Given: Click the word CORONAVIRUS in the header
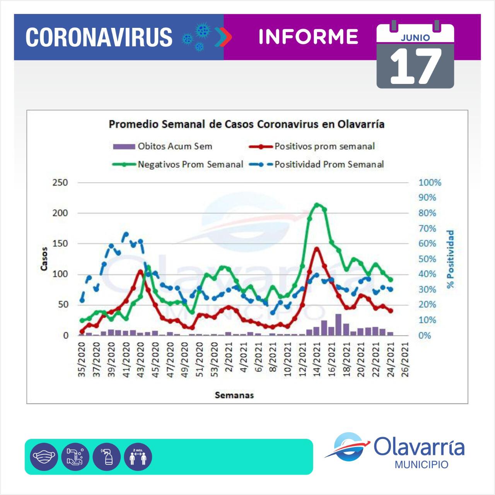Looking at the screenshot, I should point(99,37).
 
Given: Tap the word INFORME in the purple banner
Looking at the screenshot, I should point(308,37).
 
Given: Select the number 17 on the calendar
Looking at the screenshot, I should point(415,67).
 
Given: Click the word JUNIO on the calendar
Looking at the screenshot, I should point(415,38).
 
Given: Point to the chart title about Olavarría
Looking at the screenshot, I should point(246,125).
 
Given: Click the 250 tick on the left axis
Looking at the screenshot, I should point(60,183).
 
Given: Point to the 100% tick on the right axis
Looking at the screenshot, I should point(430,183).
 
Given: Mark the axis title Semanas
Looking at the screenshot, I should point(234,395).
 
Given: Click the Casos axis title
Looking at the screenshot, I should point(44,259).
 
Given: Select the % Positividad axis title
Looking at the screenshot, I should point(450,259).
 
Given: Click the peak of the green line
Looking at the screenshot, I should point(317,205).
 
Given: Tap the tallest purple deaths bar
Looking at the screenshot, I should point(338,324).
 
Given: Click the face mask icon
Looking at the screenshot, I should point(44,457).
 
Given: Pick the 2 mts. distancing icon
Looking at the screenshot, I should point(138,457).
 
